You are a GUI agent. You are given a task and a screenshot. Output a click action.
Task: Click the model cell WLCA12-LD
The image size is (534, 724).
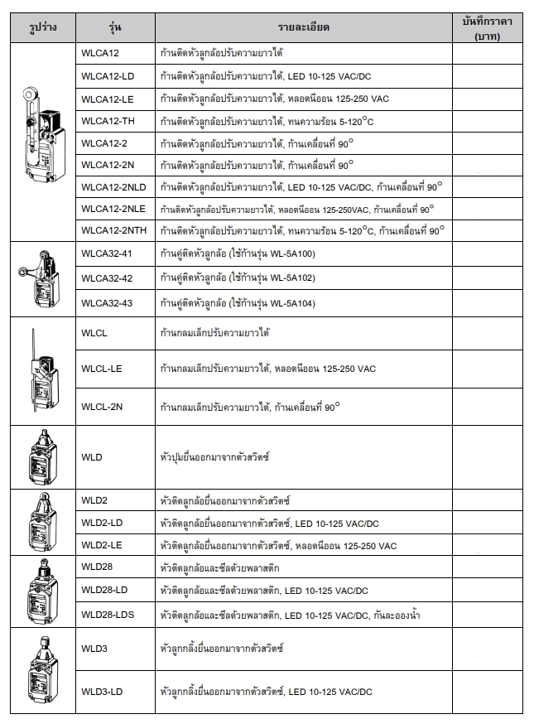click(x=107, y=77)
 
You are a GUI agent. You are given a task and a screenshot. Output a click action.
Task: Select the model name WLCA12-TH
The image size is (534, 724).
click(x=107, y=121)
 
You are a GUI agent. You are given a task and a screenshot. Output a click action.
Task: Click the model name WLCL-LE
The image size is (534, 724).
click(x=101, y=369)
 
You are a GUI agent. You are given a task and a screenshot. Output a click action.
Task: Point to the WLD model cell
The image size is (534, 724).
click(x=92, y=456)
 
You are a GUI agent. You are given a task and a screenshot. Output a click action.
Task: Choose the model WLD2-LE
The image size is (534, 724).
click(x=102, y=546)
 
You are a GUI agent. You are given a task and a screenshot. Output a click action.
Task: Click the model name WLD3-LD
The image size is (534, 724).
click(x=102, y=691)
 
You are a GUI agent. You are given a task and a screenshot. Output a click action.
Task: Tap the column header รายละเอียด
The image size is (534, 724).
click(x=304, y=27)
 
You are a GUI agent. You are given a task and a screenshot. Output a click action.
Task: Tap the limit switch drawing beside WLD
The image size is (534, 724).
click(x=41, y=457)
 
